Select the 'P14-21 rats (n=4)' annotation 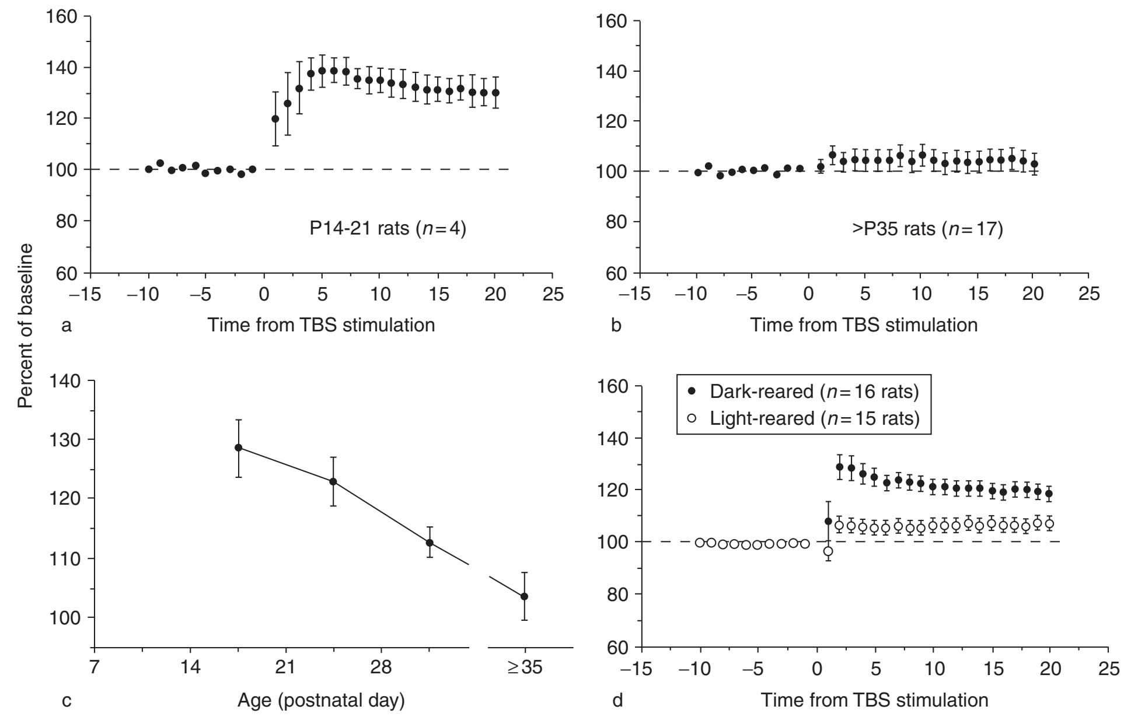pos(388,228)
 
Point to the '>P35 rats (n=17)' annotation pos(927,228)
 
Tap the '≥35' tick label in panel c pos(525,667)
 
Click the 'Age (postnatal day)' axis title pos(321,700)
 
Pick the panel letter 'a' pos(67,325)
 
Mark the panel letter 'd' pos(617,700)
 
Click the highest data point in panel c pos(238,448)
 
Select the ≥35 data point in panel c pos(525,596)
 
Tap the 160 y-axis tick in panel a pos(62,16)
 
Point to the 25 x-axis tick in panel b pos(1088,293)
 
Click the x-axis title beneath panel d pos(874,700)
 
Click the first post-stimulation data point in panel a pos(275,119)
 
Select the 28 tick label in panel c pos(381,667)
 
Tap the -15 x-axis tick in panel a pos(85,294)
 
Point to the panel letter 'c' pos(67,700)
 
